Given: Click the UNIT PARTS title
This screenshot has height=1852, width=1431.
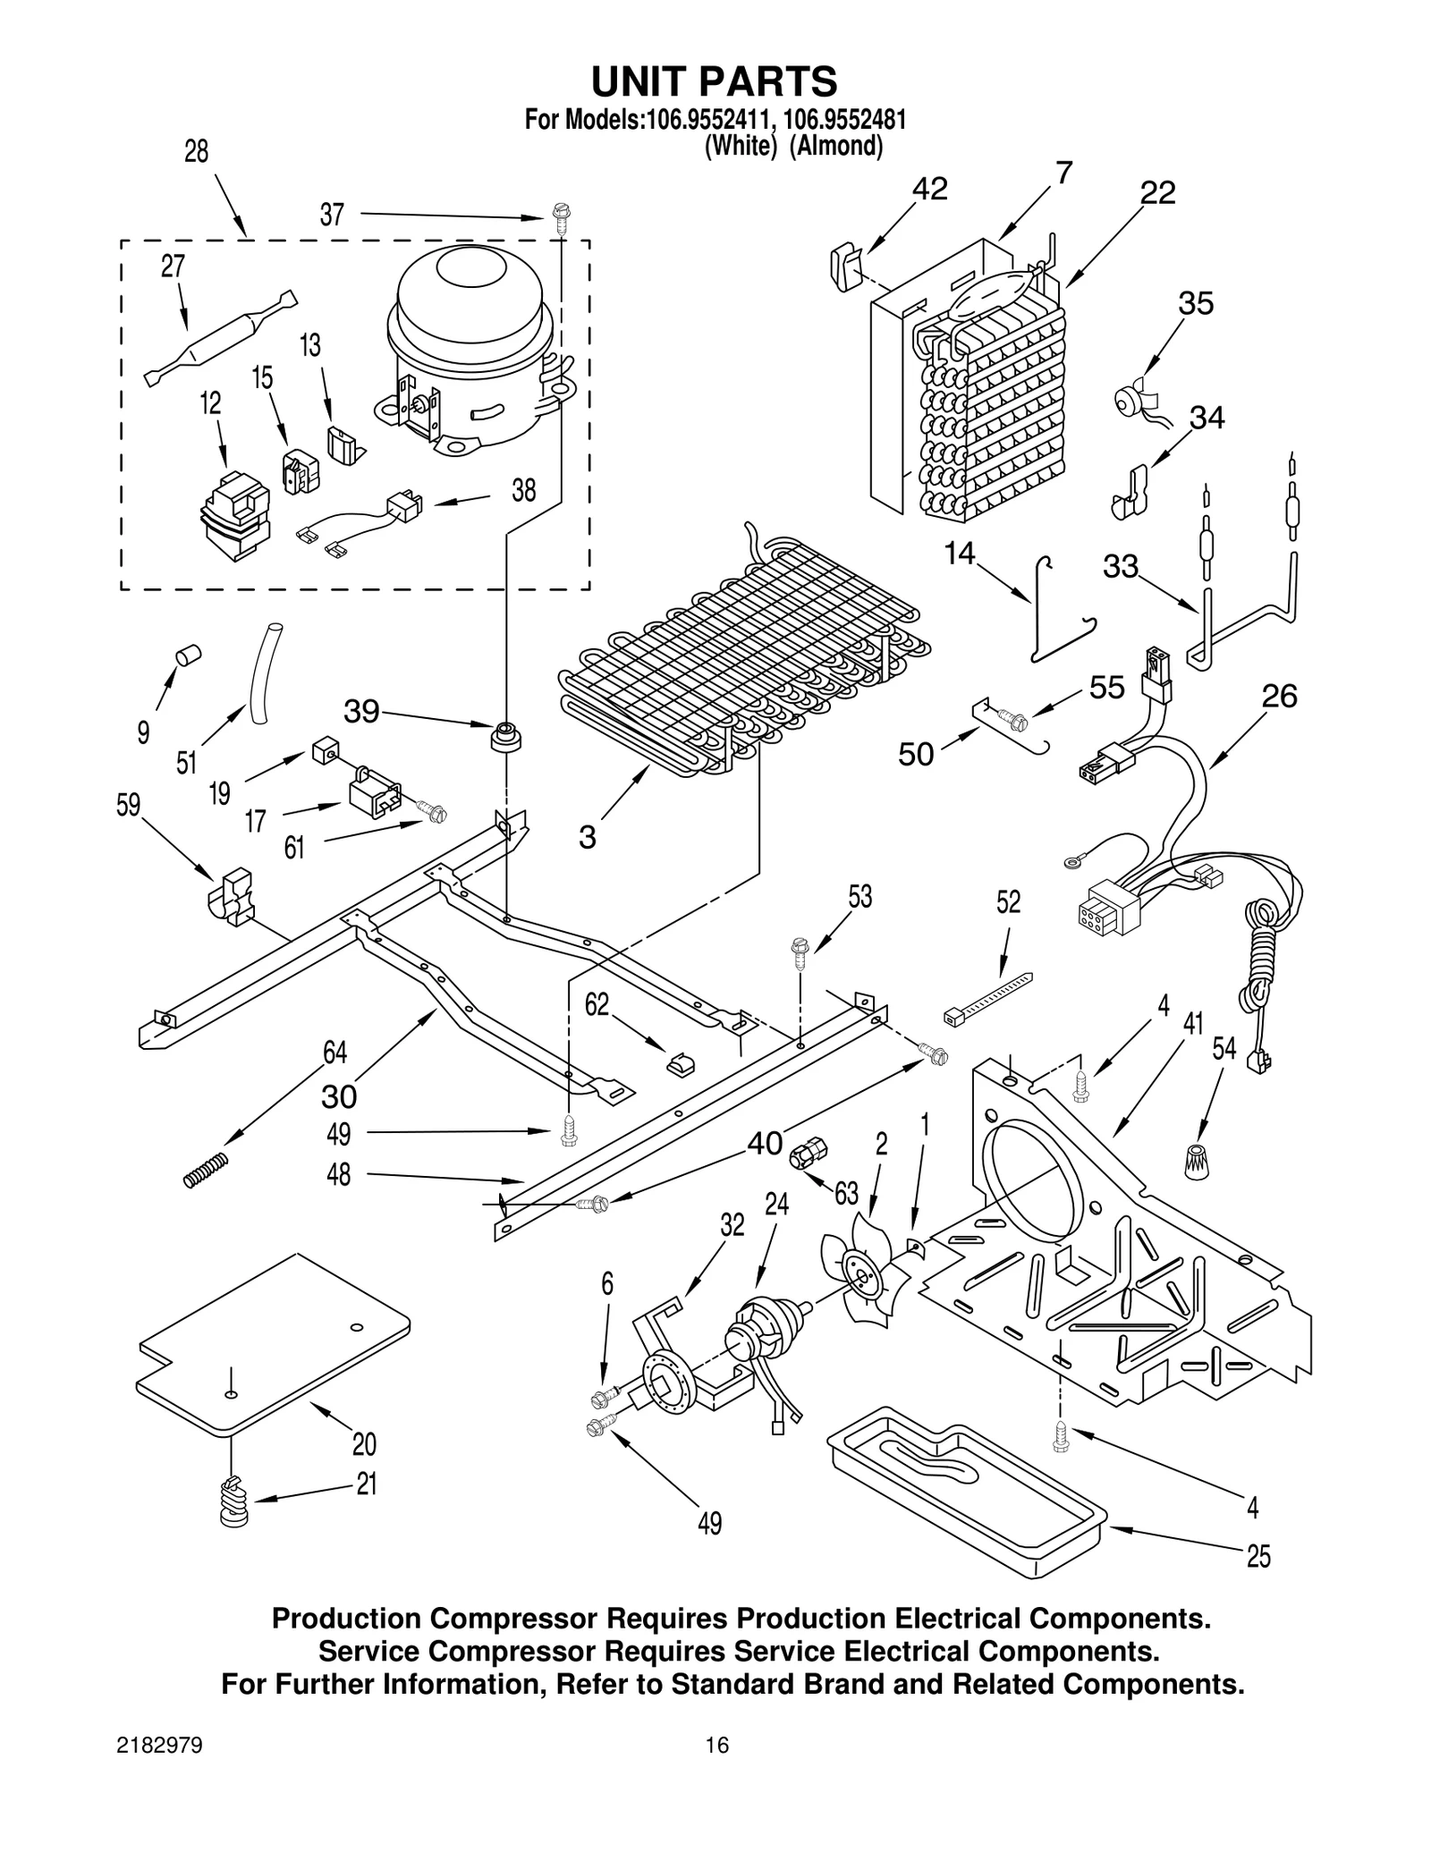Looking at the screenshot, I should click(714, 81).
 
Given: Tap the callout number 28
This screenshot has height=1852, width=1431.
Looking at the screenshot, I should click(196, 152).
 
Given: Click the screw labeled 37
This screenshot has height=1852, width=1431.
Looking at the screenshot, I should click(561, 218).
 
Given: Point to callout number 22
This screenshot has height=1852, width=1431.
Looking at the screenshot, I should click(1157, 193).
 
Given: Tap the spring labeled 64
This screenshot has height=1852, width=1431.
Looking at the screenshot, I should click(207, 1170).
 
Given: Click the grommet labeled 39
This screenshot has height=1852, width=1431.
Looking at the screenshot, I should click(506, 738).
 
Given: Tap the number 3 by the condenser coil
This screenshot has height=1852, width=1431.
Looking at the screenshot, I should click(587, 837).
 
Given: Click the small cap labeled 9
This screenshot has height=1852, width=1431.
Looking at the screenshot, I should click(188, 655).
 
